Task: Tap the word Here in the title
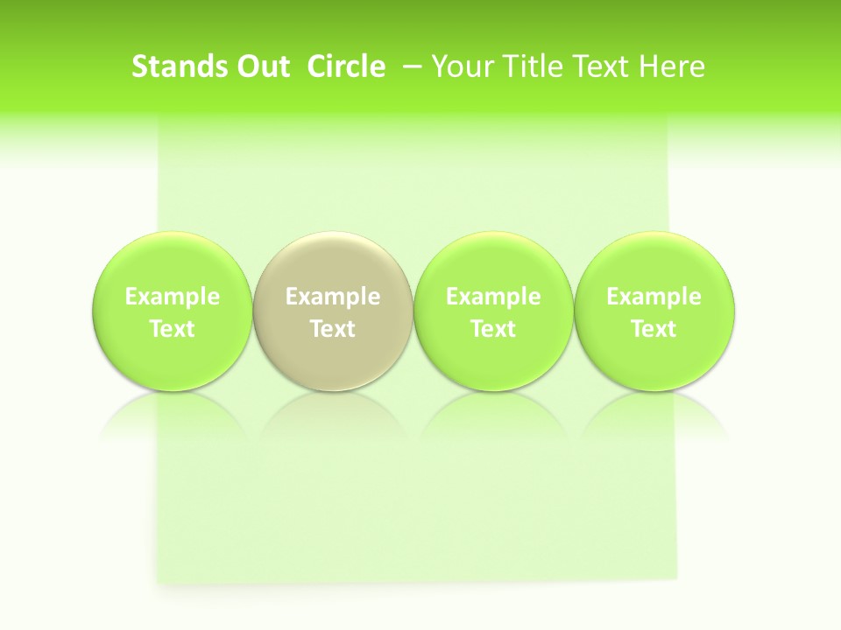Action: coord(672,66)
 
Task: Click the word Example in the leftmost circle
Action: coord(173,297)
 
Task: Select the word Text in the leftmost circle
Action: coord(173,329)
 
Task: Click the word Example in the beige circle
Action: coord(333,297)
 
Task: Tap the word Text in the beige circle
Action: coord(333,329)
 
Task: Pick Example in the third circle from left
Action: coord(493,297)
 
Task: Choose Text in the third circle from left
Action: coord(493,329)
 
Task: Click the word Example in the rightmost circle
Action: coord(654,297)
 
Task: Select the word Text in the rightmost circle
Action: coord(654,329)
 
